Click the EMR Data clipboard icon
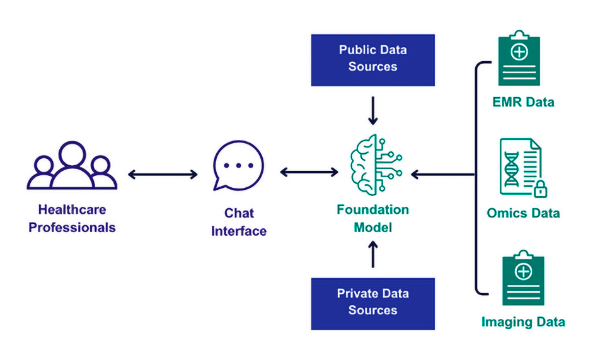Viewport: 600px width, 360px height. point(519,59)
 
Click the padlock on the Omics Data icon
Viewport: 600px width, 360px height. point(540,189)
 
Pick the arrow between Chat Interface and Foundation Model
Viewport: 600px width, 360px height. point(309,171)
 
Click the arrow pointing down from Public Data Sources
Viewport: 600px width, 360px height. point(372,110)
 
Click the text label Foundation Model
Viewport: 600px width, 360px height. point(372,218)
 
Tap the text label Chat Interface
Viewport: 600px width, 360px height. point(238,222)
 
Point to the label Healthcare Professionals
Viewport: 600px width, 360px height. point(72,218)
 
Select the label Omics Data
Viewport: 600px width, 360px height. point(523,213)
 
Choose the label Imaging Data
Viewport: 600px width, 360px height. point(523,322)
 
